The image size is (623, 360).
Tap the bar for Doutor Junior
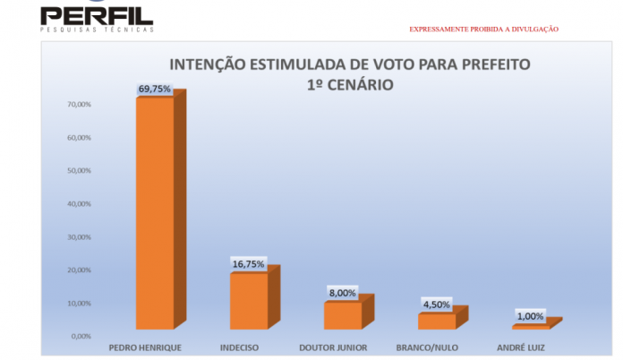click(x=343, y=314)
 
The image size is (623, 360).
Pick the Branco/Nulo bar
click(x=437, y=321)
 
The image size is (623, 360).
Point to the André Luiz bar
click(x=530, y=326)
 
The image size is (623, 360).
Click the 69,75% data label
click(x=154, y=89)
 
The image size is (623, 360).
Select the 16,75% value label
click(x=249, y=264)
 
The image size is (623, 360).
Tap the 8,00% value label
click(x=343, y=293)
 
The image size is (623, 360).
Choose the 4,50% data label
click(x=437, y=304)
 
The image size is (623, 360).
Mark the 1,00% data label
click(x=530, y=316)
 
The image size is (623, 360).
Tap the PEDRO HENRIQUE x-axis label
click(x=145, y=347)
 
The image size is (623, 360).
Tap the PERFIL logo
click(x=97, y=17)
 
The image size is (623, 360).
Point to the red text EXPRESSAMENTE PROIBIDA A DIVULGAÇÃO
click(x=483, y=30)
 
